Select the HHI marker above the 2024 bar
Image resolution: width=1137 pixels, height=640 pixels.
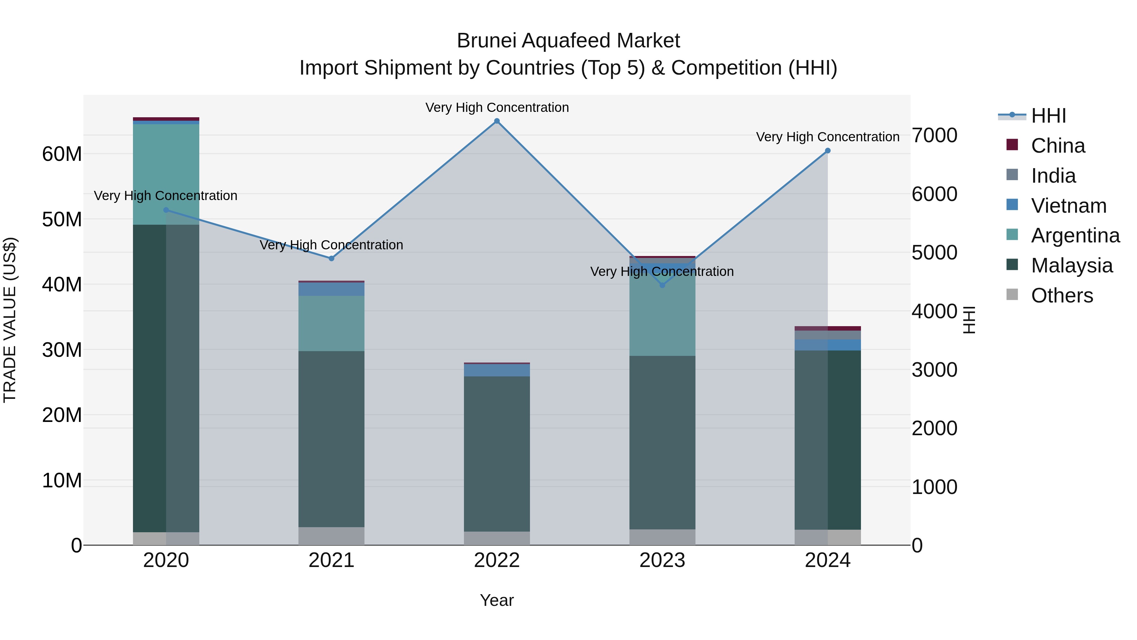827,151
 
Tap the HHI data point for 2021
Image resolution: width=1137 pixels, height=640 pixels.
332,259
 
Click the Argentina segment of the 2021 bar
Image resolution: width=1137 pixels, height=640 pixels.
332,323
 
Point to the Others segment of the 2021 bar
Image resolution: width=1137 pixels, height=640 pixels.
332,536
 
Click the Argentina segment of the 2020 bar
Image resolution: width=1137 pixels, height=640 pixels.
166,174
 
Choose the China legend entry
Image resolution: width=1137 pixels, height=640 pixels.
1057,146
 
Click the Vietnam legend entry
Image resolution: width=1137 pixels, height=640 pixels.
1068,206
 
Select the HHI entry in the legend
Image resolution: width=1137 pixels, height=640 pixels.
1048,116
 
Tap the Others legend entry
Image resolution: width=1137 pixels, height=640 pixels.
1062,296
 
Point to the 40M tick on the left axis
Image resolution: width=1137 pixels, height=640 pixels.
62,284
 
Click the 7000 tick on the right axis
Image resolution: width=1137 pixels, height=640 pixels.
935,136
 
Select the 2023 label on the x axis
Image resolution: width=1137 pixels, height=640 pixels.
662,560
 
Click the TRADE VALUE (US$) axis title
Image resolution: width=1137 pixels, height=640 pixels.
10,320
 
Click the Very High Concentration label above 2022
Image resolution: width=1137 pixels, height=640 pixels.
497,107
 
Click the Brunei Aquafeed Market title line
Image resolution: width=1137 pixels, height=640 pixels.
568,41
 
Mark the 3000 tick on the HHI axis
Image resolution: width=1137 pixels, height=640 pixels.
935,370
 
